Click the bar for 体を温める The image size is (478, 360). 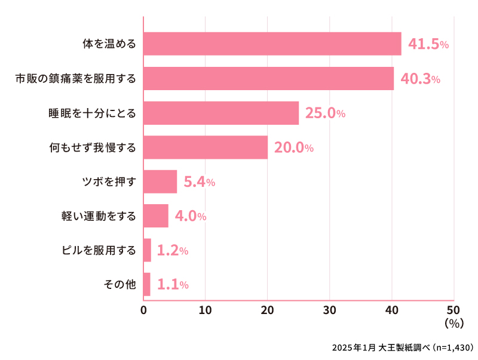272,44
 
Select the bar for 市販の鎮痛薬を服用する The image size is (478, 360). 269,78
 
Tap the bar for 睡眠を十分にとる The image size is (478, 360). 221,113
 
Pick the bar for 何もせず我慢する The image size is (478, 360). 206,147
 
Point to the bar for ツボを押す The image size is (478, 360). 160,181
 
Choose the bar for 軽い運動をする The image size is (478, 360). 156,216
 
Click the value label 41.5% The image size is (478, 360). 428,44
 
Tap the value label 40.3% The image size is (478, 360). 420,79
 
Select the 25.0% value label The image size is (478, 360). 325,113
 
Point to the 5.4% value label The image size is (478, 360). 199,182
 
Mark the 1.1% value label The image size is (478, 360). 173,285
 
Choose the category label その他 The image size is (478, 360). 120,285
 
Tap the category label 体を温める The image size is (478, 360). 109,44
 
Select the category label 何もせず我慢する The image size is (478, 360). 93,147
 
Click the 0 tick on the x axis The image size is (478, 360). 143,310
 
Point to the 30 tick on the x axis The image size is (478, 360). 330,310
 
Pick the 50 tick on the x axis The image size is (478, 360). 454,310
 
